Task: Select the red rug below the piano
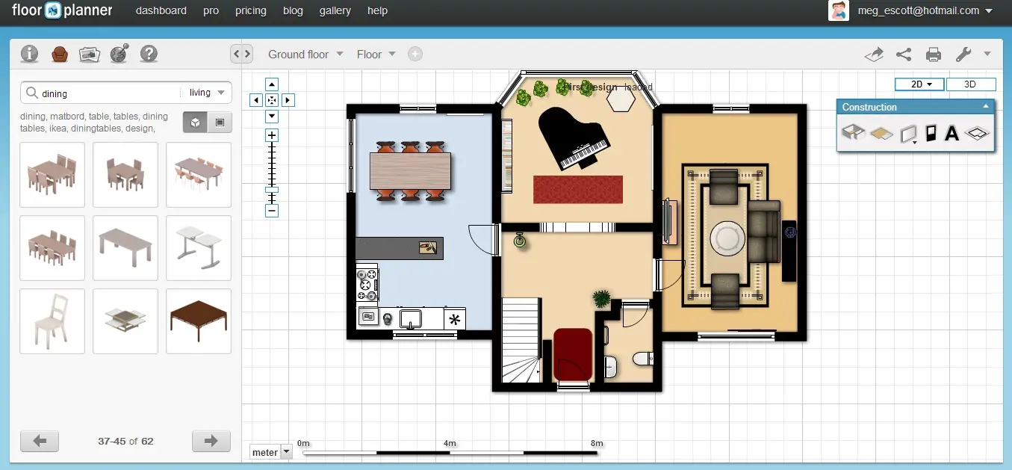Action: point(577,189)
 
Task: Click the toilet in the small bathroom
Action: point(642,359)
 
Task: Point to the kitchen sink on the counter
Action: point(411,318)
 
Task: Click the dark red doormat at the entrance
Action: point(573,353)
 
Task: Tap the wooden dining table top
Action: point(410,170)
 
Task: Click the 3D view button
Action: point(970,84)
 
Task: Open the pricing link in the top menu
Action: point(250,10)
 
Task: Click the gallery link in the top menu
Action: point(335,10)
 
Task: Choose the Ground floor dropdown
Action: point(305,54)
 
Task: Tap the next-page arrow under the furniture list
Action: point(211,441)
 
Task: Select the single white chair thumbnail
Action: point(52,321)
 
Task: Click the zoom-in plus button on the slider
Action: point(272,135)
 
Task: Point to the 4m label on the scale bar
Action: point(450,443)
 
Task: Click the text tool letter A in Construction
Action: point(952,134)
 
